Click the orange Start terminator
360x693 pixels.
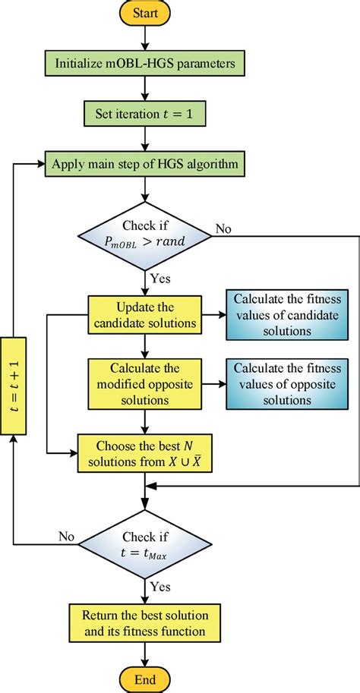(x=144, y=13)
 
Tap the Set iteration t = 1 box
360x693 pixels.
(x=144, y=114)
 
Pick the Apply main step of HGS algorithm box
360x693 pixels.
(x=144, y=162)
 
